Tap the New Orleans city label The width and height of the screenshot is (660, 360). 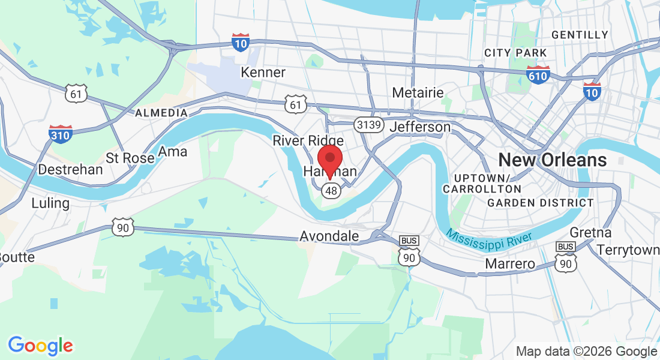[x=553, y=160]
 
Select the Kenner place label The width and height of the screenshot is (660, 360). [x=263, y=73]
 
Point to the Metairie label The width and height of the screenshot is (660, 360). [x=418, y=93]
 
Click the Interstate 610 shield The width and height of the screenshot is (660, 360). [x=538, y=75]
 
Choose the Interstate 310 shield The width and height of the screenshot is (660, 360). [x=61, y=134]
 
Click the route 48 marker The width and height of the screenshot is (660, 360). [x=331, y=191]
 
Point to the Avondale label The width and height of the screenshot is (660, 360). [x=329, y=236]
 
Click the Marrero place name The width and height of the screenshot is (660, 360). [x=509, y=264]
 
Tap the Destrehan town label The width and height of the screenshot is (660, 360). [x=70, y=170]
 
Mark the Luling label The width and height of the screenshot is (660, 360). [x=50, y=203]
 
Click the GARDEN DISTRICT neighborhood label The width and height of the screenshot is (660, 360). [x=541, y=203]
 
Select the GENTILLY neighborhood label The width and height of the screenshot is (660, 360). [x=580, y=35]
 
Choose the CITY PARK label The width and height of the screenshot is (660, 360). [x=516, y=53]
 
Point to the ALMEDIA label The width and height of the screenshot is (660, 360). [x=161, y=113]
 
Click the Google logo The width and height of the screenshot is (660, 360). [x=40, y=346]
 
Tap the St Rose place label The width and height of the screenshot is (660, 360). [x=130, y=158]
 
